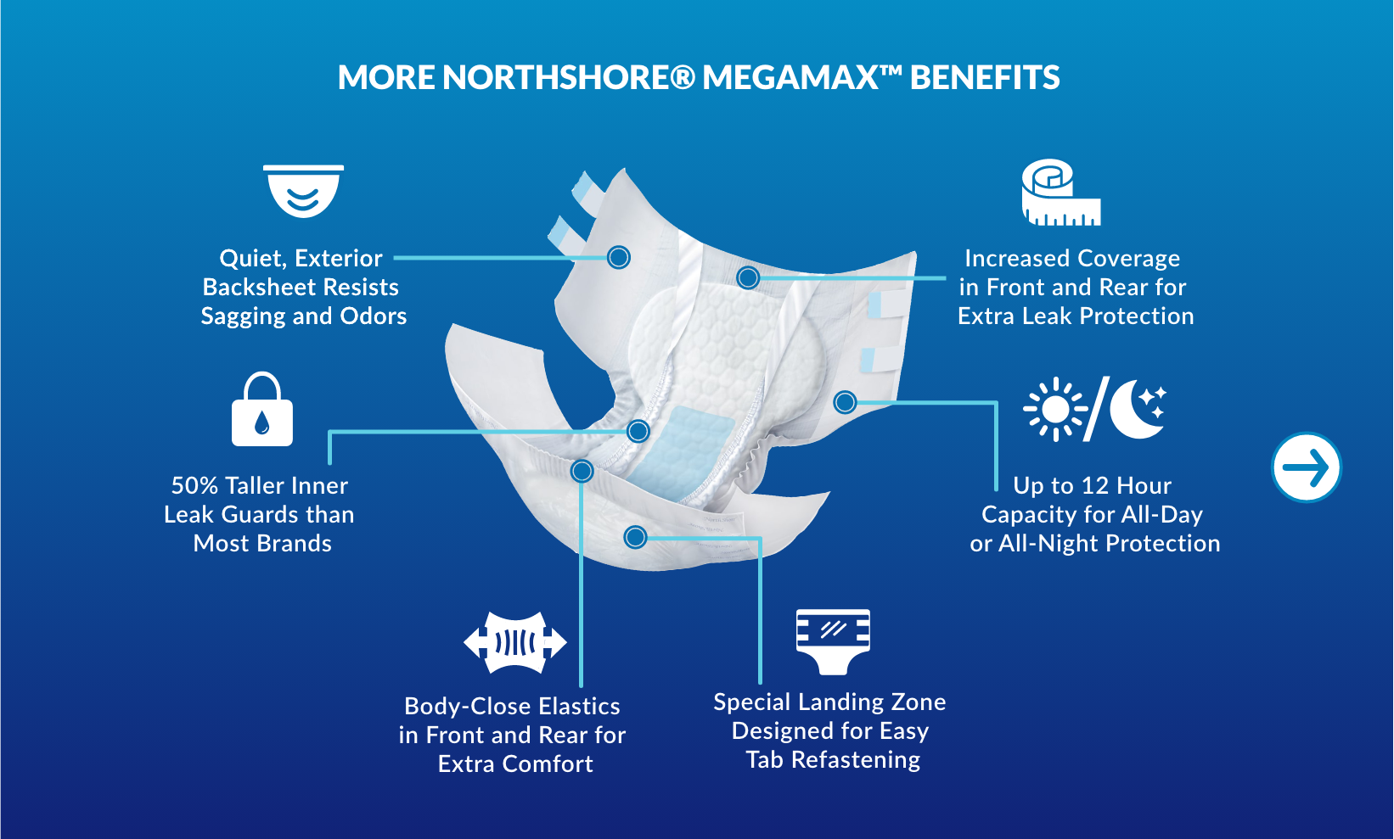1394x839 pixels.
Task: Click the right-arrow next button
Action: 1306,467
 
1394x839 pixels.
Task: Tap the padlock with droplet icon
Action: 262,411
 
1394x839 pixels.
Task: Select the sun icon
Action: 1055,409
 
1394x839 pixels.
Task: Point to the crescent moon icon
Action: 1138,408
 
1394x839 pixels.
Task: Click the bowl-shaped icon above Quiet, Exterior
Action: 303,191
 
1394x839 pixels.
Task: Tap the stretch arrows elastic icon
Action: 514,642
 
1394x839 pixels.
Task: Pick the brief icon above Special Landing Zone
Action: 833,640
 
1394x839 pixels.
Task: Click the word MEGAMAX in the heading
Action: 790,78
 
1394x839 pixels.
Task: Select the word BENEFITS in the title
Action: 985,78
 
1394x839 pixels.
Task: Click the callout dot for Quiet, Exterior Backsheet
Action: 619,257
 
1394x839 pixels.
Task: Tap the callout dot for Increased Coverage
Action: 748,277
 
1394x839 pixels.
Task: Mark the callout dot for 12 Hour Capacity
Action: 845,402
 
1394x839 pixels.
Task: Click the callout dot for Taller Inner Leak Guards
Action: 638,431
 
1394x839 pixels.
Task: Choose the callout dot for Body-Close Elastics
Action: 582,471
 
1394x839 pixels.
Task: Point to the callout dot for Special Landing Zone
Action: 635,537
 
